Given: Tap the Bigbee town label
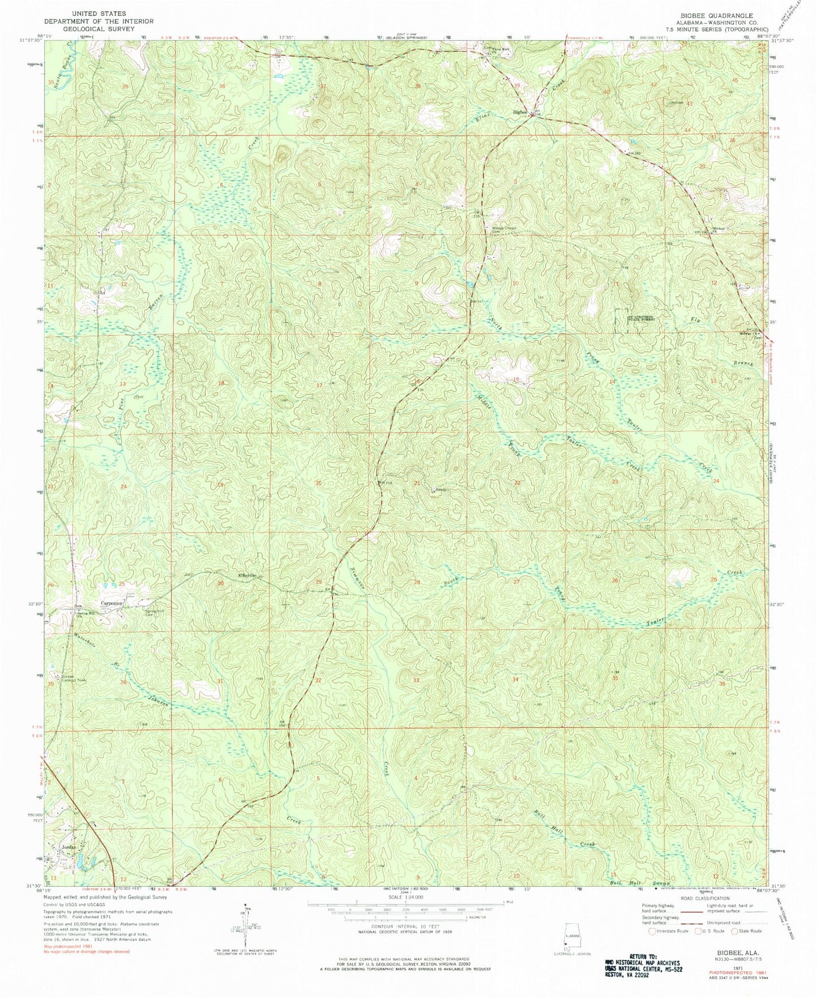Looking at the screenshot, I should pos(520,111).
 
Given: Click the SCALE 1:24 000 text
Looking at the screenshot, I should pos(405,897).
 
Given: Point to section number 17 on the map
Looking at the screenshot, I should pos(319,385).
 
